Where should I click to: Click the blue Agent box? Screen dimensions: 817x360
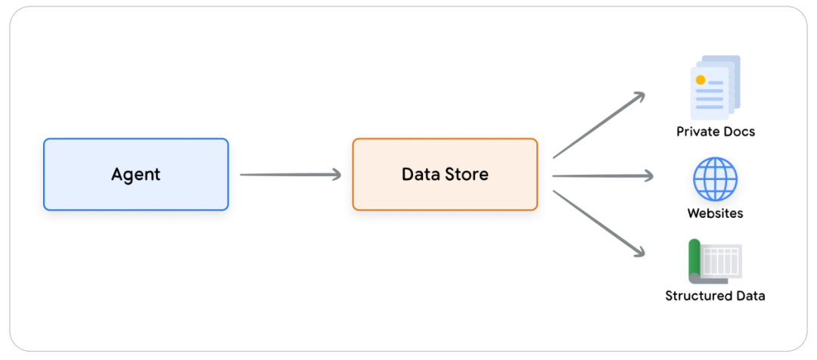click(x=136, y=175)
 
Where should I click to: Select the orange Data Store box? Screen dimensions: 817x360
click(x=445, y=175)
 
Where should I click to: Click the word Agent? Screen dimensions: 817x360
click(x=136, y=175)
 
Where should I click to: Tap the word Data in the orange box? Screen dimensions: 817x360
click(x=418, y=174)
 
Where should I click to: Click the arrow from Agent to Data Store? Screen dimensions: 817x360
click(x=290, y=175)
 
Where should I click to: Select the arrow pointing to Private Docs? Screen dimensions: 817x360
click(x=599, y=125)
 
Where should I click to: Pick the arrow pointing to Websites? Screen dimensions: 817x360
click(x=603, y=175)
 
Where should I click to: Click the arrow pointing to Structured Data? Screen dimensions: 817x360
click(x=599, y=224)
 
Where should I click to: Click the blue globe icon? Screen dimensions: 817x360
click(x=715, y=178)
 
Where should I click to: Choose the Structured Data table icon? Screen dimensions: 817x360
click(x=715, y=261)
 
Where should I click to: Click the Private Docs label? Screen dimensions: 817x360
click(x=716, y=132)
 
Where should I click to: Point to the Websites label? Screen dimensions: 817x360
click(x=715, y=213)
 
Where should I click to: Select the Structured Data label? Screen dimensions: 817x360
click(x=715, y=296)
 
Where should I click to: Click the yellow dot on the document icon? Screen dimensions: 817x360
click(x=701, y=79)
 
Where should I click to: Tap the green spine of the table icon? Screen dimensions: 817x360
click(x=694, y=257)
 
